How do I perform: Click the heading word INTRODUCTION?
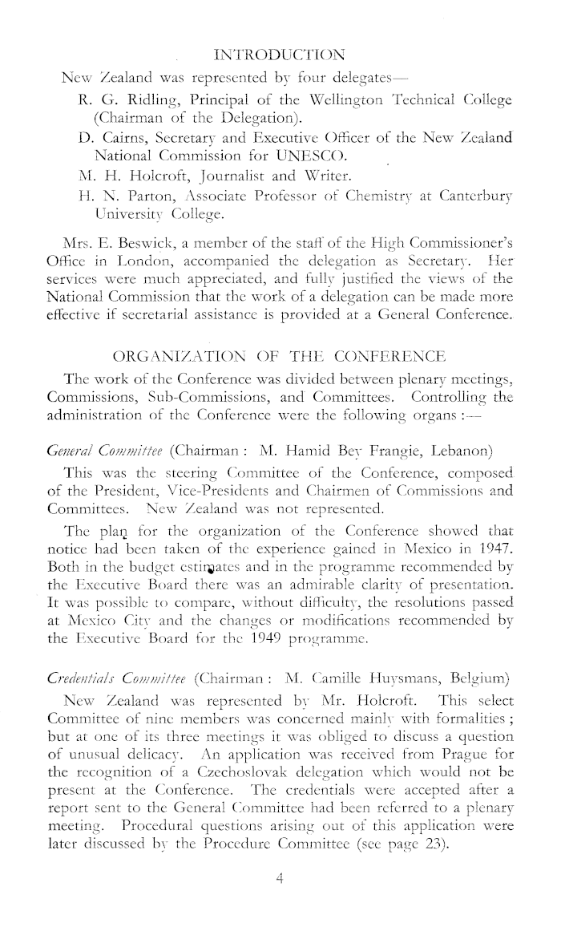[x=280, y=55]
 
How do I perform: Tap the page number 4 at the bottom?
[x=280, y=901]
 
